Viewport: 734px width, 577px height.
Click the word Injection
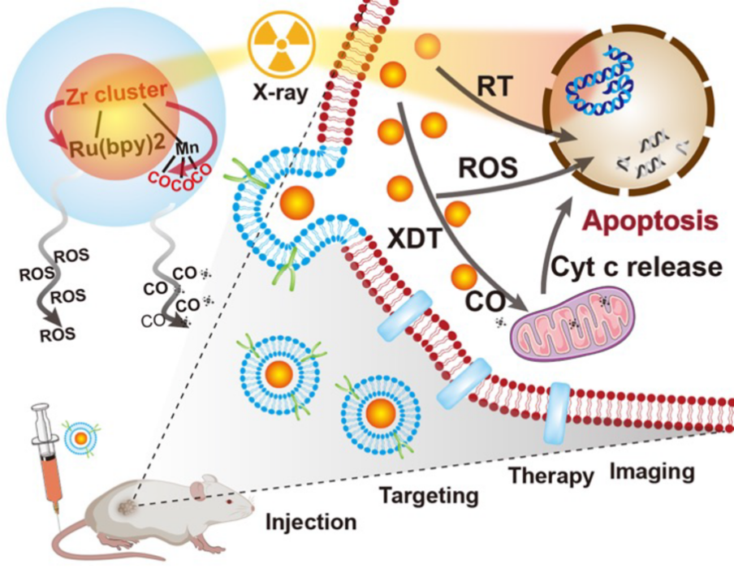click(311, 521)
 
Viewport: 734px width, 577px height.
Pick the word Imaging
click(652, 471)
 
